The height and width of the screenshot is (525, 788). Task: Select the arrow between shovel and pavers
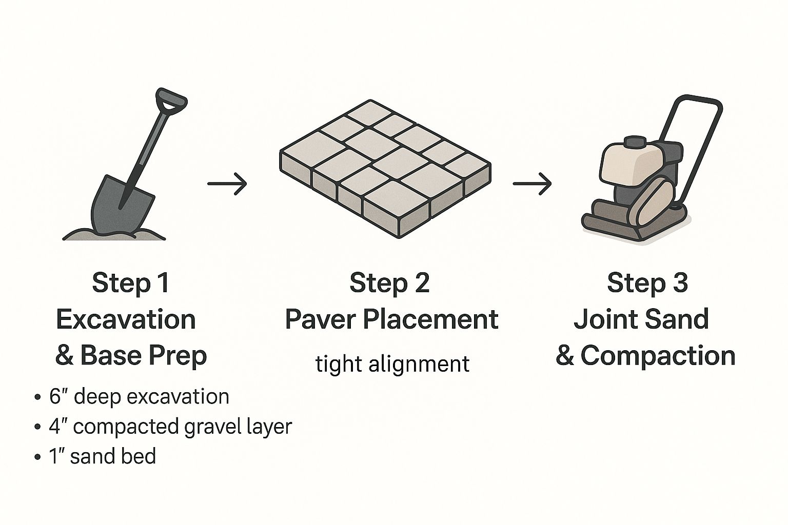point(227,184)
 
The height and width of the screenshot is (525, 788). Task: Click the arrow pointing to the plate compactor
point(532,184)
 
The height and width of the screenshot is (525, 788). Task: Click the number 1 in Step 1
point(163,282)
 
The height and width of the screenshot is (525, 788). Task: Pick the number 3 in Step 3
point(679,282)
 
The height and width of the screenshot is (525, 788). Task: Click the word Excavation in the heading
point(126,319)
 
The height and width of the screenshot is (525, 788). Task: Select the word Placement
point(430,319)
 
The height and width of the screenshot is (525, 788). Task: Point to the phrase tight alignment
point(392,365)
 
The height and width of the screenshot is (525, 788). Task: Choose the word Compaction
point(658,356)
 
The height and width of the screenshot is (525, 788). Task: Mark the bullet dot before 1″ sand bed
point(37,457)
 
